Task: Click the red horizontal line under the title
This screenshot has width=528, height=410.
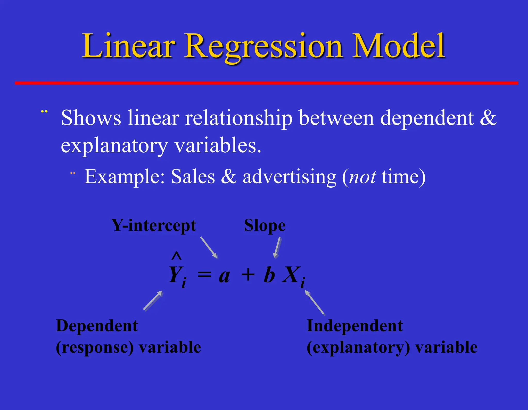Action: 266,83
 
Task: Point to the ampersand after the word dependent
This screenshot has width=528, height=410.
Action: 488,118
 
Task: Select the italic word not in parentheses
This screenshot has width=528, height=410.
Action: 362,177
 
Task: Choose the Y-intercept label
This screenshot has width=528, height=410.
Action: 154,225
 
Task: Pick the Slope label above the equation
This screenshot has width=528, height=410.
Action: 265,225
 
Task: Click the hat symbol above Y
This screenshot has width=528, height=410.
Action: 177,256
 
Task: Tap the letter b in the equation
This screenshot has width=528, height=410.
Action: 269,275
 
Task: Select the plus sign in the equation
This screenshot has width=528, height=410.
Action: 248,275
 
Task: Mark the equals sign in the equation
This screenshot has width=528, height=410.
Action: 204,275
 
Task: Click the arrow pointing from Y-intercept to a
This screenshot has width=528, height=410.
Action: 209,247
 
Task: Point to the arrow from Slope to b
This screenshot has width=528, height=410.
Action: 277,247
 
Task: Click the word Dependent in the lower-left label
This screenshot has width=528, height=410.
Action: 97,326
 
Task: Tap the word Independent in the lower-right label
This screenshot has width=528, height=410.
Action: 354,326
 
